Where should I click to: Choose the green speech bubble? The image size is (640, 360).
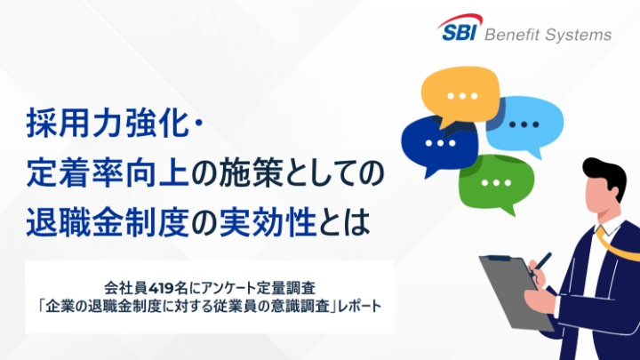coord(495,180)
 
